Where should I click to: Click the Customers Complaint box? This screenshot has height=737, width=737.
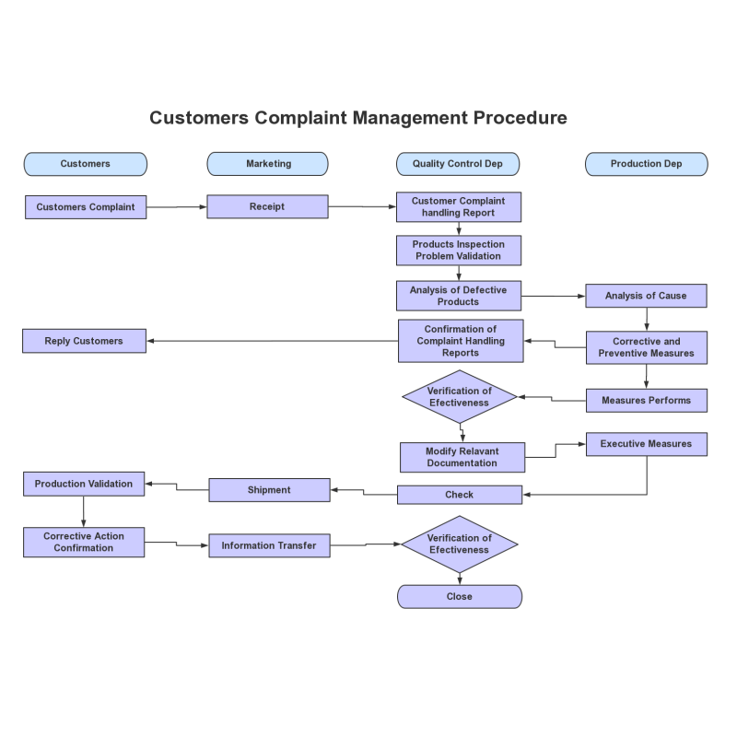pos(86,206)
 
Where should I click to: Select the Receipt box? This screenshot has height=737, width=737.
pos(267,206)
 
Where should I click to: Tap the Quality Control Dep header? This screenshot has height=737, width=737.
pos(458,164)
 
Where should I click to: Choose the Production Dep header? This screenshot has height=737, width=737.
pos(647,164)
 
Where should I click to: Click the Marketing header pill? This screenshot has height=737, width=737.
pos(267,164)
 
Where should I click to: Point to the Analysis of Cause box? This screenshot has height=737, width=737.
pos(646,296)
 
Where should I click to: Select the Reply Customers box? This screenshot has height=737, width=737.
pos(84,341)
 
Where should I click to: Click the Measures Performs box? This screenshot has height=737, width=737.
pos(647,401)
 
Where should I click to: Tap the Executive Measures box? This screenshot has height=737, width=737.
pos(647,444)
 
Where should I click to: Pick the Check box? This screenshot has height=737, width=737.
pos(460,495)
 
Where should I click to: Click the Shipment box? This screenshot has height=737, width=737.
pos(269,490)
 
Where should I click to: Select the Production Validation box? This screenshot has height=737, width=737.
pos(84,484)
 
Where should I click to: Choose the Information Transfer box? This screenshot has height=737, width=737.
pos(269,545)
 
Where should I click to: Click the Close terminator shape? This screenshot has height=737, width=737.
pos(460,596)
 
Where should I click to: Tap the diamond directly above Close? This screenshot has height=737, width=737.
pos(460,544)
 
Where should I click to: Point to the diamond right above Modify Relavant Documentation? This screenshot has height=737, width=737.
pos(460,397)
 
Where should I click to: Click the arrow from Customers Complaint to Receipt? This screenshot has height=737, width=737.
pos(177,206)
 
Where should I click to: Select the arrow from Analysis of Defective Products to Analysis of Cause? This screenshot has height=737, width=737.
pos(554,296)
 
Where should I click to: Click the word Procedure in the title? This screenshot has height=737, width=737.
pos(521,118)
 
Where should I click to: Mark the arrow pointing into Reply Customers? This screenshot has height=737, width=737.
pos(273,341)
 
